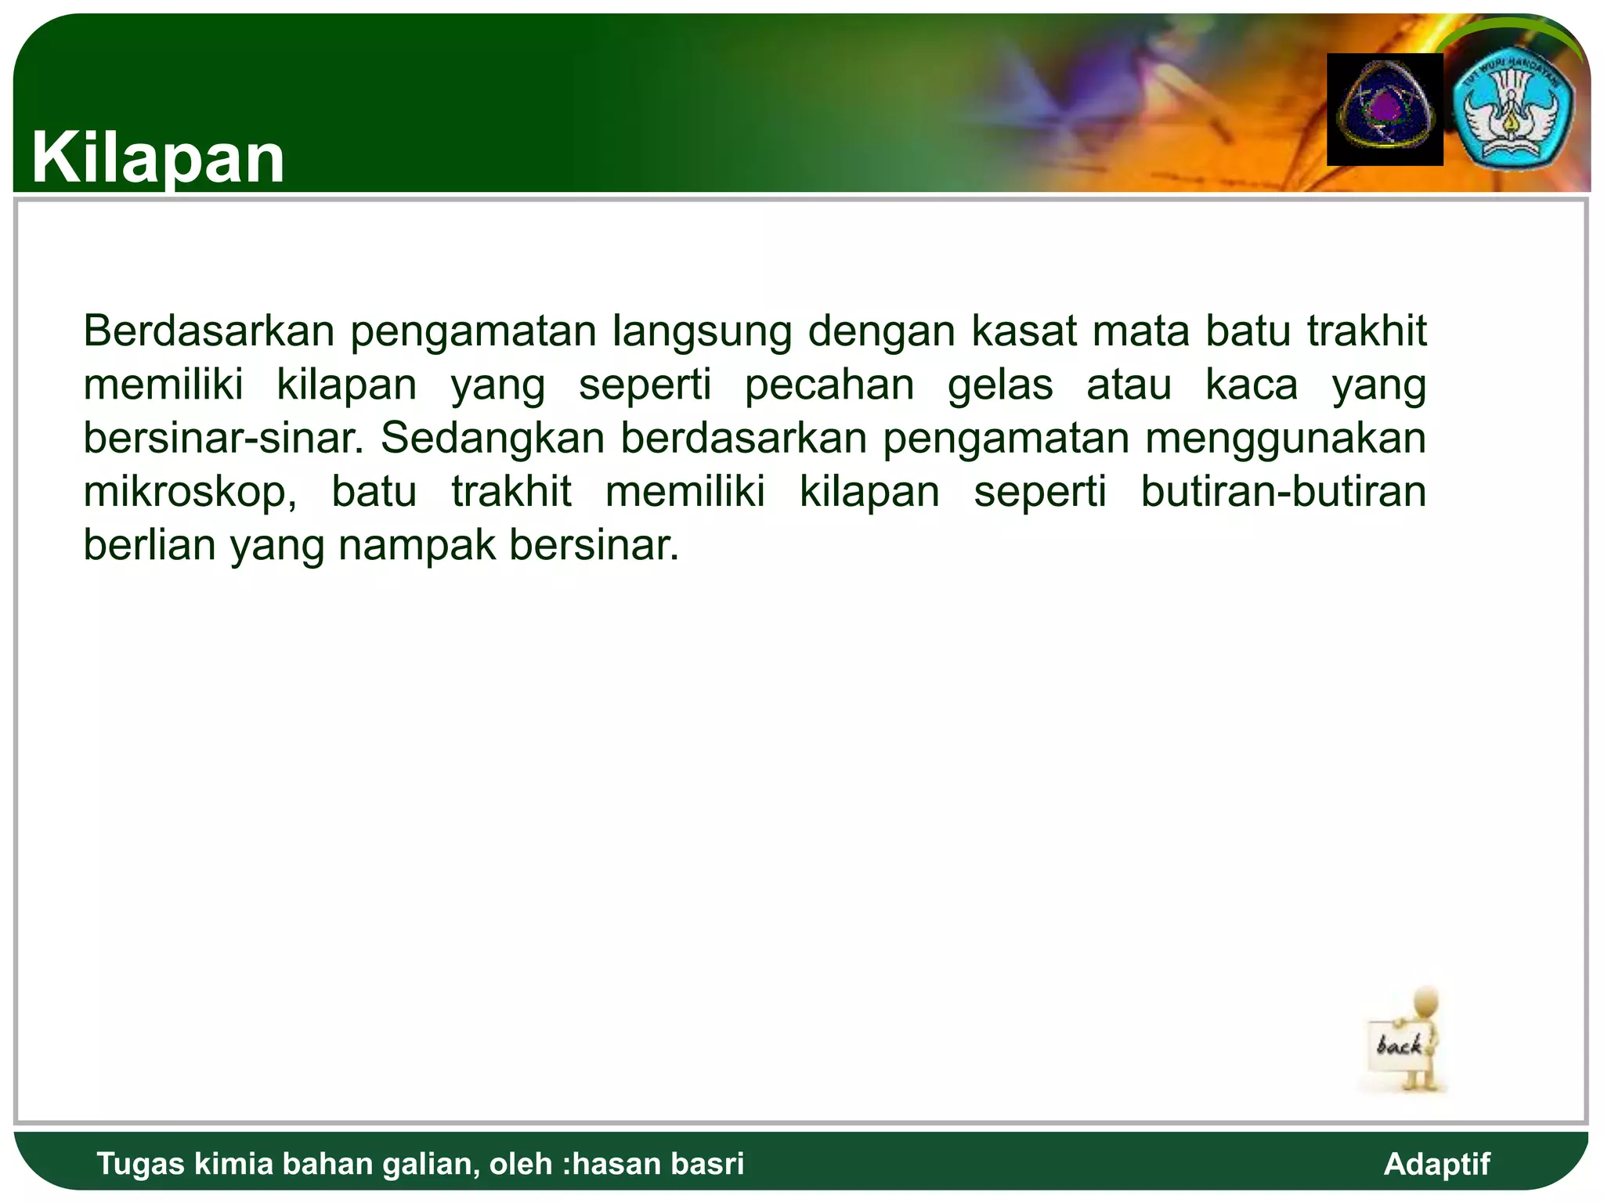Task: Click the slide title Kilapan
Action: (158, 158)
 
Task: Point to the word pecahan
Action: (829, 385)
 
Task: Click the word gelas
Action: (1000, 385)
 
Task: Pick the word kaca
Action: (1251, 385)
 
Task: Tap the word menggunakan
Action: (1285, 439)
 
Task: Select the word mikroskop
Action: (189, 493)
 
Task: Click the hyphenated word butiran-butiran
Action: (1283, 492)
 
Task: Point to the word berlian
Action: (150, 545)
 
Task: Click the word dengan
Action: (882, 332)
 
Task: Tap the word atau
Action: (1129, 385)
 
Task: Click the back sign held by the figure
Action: (1399, 1046)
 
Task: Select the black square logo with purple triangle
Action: (1385, 110)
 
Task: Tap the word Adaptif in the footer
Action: (1436, 1164)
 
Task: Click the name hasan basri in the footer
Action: (659, 1164)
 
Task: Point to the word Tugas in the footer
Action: (141, 1165)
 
